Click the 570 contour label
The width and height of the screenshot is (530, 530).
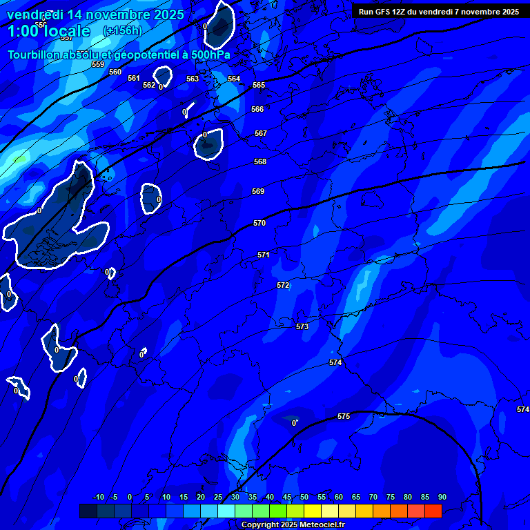[259, 223]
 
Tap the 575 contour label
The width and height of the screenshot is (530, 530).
[344, 416]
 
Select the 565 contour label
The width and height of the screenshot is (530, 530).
[259, 85]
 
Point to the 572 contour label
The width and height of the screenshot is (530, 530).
[283, 285]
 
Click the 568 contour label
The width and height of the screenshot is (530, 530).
[260, 161]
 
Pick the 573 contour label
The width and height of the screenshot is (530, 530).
[302, 326]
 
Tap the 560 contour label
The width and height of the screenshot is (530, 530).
[115, 72]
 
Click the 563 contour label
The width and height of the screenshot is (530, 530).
[193, 79]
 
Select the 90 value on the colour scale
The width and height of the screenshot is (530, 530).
[442, 497]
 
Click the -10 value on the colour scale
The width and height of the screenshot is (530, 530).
[99, 497]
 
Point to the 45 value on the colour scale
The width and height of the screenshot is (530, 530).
[287, 497]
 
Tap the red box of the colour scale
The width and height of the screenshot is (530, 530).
[433, 511]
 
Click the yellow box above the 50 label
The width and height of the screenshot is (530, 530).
[313, 511]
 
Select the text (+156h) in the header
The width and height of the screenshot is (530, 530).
[122, 30]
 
